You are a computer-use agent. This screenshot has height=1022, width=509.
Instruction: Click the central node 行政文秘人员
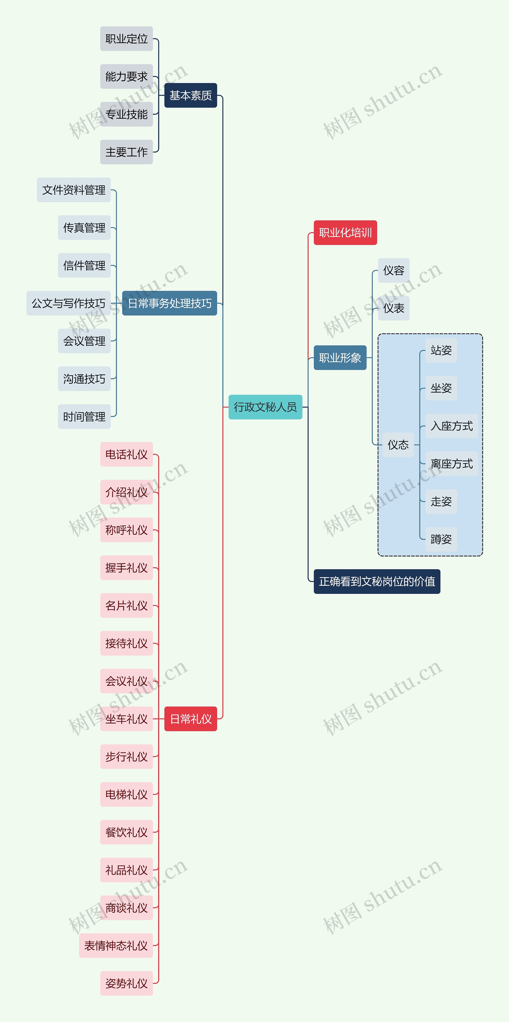pos(265,407)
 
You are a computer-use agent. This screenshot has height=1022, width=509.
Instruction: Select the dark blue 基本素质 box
pos(191,96)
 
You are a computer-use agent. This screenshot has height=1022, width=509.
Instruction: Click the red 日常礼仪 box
pos(191,719)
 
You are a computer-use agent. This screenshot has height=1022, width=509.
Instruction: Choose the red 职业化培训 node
pos(345,233)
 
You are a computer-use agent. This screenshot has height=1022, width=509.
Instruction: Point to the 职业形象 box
pos(340,358)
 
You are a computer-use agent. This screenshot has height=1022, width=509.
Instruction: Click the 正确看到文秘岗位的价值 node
pos(377,582)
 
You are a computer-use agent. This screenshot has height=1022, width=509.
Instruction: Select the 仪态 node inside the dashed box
pos(398,445)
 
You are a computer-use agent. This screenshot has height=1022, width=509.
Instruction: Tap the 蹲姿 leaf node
pos(441,539)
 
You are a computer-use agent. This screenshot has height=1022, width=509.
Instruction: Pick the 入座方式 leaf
pos(451,426)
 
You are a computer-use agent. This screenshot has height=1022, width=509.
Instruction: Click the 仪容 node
pos(393,271)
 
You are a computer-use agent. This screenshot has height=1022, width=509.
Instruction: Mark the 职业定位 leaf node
pos(126,39)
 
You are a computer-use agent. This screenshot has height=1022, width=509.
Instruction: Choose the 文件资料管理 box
pos(74,190)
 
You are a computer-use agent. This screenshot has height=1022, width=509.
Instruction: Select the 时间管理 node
pos(84,417)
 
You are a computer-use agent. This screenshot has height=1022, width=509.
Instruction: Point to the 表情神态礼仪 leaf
pos(116,946)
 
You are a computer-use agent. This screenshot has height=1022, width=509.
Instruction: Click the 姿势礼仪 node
pos(126,983)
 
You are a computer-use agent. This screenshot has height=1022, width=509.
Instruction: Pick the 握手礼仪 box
pos(126,568)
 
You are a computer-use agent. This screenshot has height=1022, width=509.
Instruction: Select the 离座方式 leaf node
pos(451,464)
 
